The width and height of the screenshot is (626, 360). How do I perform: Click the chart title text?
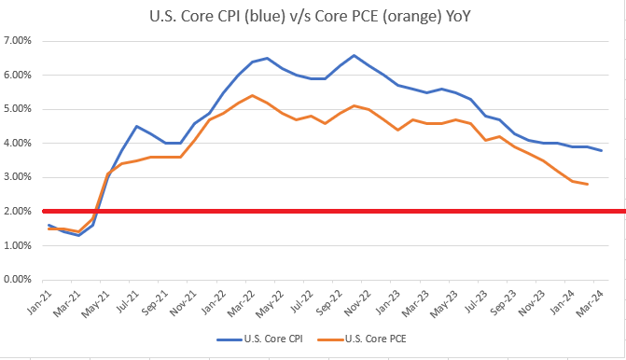[313, 15]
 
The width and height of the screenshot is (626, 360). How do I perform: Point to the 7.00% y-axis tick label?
[20, 41]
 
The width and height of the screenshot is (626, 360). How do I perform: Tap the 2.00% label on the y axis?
[20, 212]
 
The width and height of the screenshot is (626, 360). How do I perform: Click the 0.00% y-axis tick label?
[20, 280]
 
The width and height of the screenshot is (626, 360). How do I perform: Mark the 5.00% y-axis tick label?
[20, 109]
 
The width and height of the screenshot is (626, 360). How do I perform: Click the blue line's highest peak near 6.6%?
[354, 55]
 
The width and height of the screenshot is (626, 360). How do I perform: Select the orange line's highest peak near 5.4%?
[253, 95]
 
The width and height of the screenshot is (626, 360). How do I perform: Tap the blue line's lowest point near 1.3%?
[78, 235]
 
